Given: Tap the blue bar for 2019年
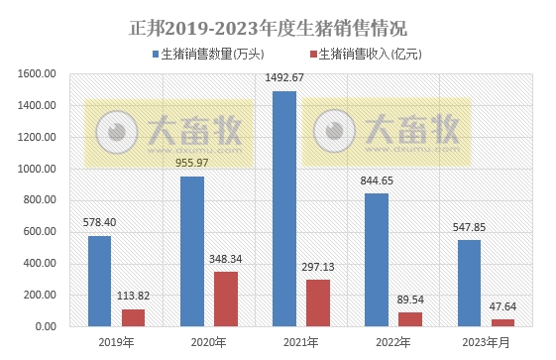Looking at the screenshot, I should click(99, 281).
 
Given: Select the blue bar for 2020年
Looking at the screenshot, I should click(191, 251).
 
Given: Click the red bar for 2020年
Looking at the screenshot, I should click(226, 299).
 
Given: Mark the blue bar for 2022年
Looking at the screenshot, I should click(376, 260).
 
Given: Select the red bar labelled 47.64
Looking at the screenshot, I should click(502, 322).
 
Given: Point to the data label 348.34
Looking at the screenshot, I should click(227, 259).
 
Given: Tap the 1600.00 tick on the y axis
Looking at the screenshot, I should click(36, 74).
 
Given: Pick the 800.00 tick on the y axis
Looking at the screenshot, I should click(39, 200).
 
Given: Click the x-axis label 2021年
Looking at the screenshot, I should click(300, 342).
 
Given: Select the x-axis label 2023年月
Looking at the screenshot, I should click(486, 342).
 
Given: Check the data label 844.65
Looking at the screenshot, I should click(377, 180).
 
